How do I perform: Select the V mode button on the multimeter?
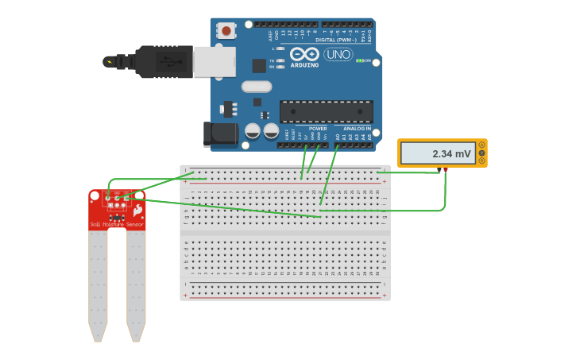[x=481, y=153]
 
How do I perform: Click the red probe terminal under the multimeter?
[x=445, y=169]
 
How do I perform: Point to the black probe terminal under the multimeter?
[x=439, y=169]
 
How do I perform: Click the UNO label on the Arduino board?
[x=338, y=55]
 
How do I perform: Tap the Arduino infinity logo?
[x=304, y=54]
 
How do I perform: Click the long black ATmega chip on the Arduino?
[x=326, y=112]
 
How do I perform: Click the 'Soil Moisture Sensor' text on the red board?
[x=117, y=225]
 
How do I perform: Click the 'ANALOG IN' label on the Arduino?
[x=357, y=128]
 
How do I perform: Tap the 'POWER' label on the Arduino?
[x=318, y=128]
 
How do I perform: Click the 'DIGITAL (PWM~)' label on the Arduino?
[x=336, y=39]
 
